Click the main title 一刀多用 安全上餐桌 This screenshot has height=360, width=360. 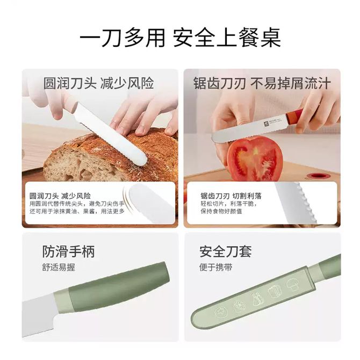pyautogui.click(x=180, y=38)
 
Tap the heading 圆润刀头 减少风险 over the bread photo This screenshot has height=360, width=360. pyautogui.click(x=98, y=83)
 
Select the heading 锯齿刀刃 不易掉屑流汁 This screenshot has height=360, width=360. pyautogui.click(x=262, y=83)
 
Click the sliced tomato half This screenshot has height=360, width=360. pyautogui.click(x=254, y=158)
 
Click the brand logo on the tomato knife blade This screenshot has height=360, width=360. pyautogui.click(x=266, y=123)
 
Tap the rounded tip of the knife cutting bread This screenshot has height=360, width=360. pyautogui.click(x=141, y=160)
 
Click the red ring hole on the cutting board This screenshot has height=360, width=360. pyautogui.click(x=318, y=176)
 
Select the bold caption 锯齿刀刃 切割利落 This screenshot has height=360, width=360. pyautogui.click(x=231, y=196)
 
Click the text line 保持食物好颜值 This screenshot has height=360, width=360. pyautogui.click(x=221, y=211)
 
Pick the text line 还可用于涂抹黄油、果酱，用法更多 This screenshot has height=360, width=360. pyautogui.click(x=77, y=211)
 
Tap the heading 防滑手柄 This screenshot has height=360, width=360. pyautogui.click(x=68, y=251)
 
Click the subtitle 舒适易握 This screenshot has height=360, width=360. pyautogui.click(x=59, y=267)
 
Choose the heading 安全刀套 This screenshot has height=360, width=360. pyautogui.click(x=226, y=251)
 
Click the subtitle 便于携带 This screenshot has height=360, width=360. pyautogui.click(x=215, y=267)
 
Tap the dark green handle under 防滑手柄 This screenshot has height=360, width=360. pyautogui.click(x=119, y=287)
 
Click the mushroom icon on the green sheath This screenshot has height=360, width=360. pyautogui.click(x=292, y=285)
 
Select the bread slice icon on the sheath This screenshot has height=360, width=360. pyautogui.click(x=275, y=292)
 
